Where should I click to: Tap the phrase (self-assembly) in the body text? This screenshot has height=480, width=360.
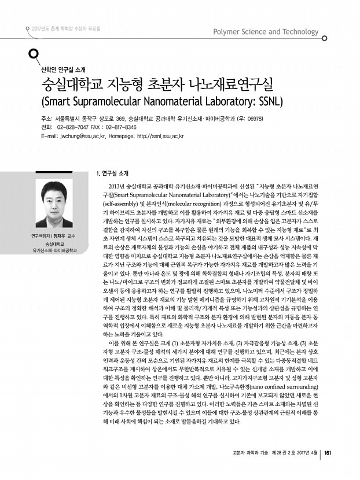pos(117,205)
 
